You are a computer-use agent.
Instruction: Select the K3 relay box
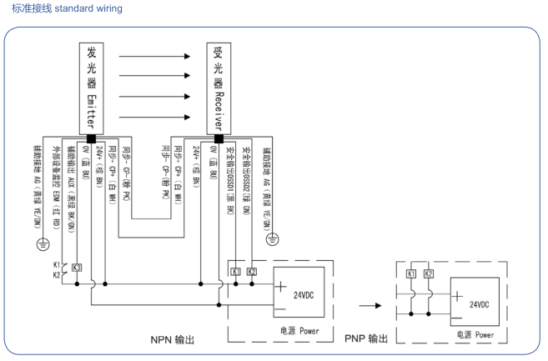tap(77, 268)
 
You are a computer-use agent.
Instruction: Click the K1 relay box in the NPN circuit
tap(235, 273)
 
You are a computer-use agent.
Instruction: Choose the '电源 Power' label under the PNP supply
tap(477, 336)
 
